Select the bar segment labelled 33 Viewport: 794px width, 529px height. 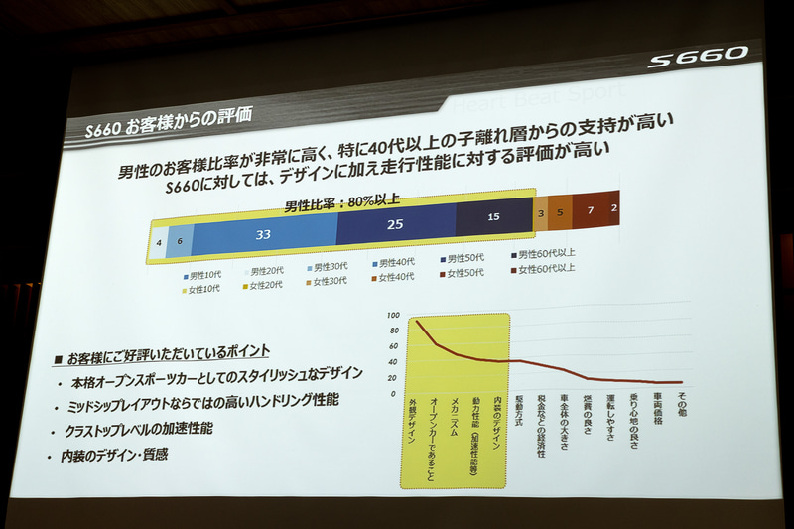(x=263, y=236)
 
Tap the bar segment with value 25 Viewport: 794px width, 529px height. (x=394, y=225)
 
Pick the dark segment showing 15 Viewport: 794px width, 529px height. (x=493, y=216)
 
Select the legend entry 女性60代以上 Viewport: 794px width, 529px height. (x=542, y=268)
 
